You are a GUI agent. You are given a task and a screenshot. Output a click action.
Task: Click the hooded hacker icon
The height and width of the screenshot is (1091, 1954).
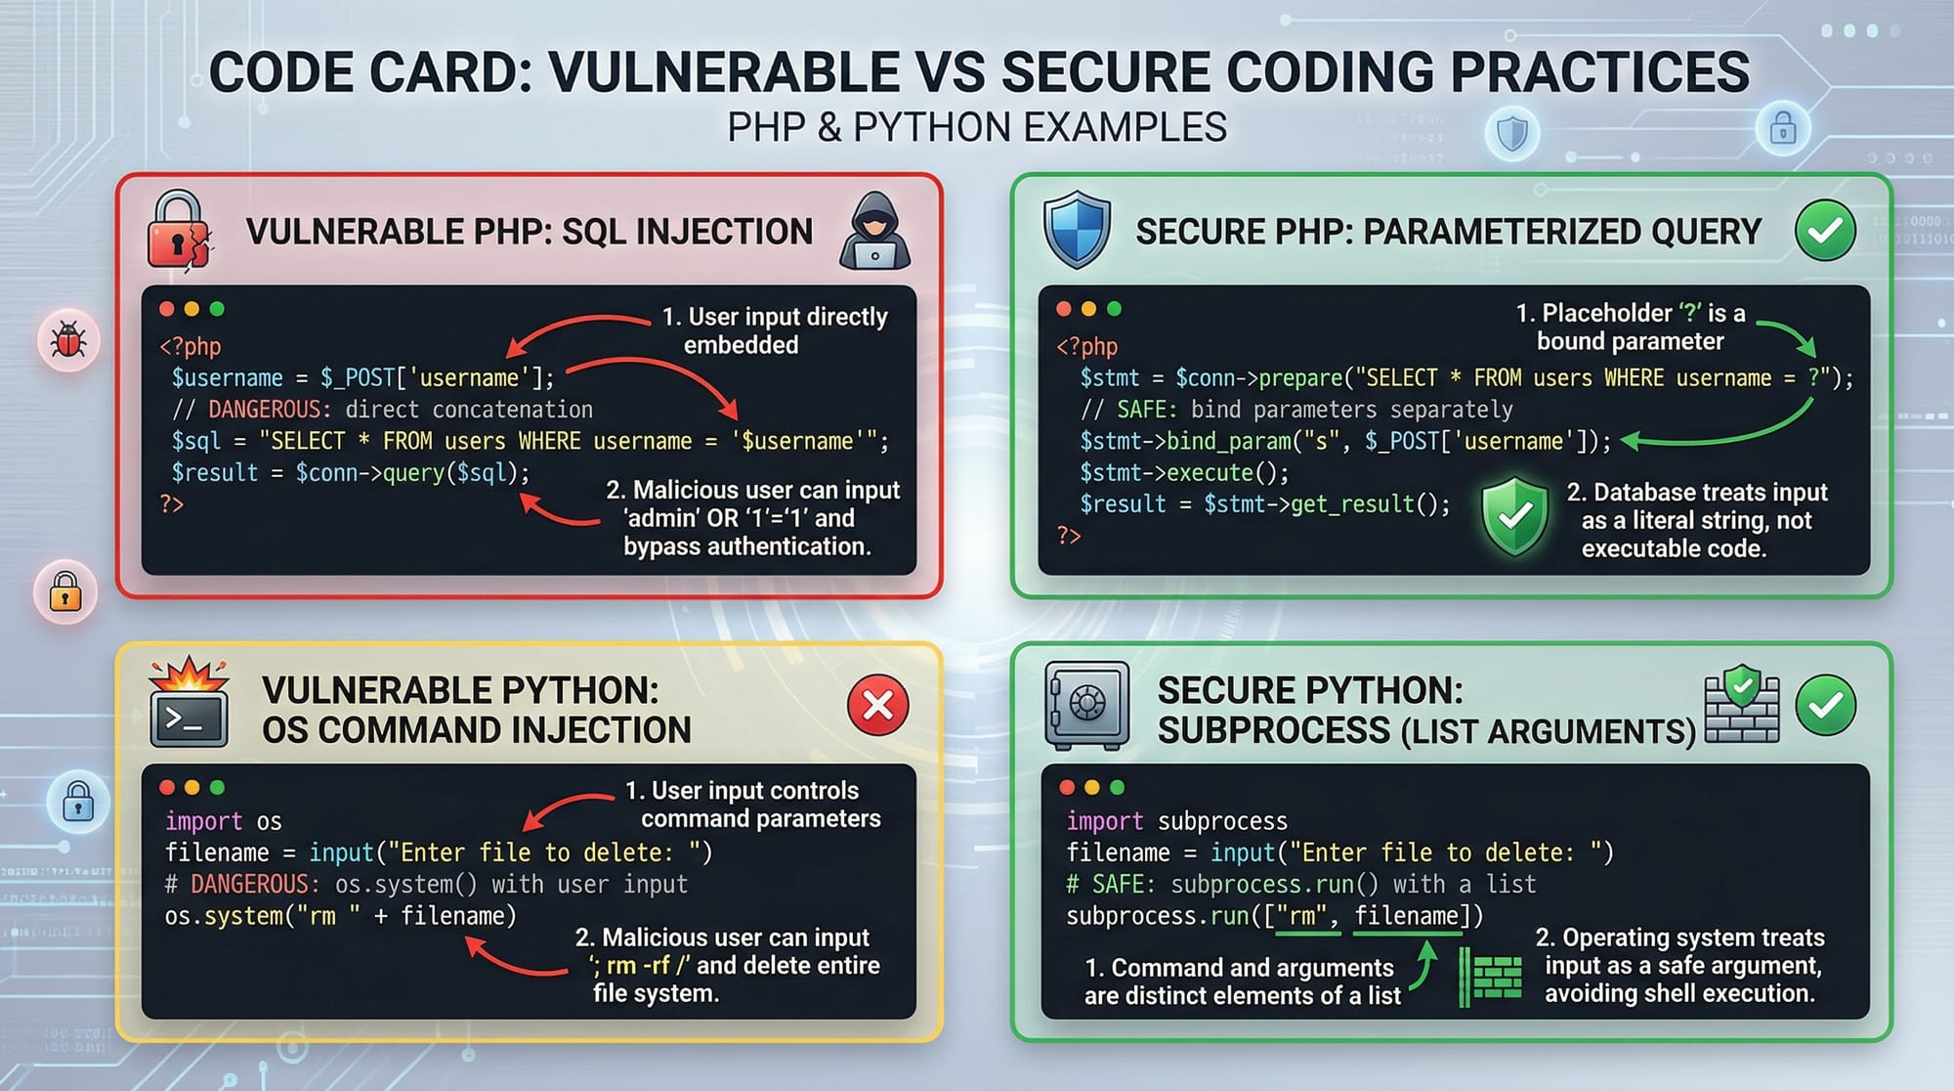point(874,231)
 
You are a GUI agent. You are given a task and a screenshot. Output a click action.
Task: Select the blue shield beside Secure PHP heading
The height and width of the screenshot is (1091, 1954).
point(1077,230)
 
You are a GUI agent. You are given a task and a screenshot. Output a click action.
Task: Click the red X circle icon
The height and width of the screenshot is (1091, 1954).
point(877,705)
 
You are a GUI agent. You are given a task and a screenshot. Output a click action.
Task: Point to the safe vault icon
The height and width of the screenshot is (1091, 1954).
point(1086,704)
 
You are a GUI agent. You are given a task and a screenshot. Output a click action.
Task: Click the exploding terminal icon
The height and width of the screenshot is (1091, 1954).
point(189,704)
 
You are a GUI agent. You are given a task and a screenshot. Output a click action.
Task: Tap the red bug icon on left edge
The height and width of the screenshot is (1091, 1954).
point(68,340)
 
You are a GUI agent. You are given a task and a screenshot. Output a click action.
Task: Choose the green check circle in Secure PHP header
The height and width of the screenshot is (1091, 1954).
point(1825,231)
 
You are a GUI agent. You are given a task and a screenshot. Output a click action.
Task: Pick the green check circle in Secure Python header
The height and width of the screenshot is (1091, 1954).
point(1825,705)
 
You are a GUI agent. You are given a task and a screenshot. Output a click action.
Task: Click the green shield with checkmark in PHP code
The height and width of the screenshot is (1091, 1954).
point(1514,516)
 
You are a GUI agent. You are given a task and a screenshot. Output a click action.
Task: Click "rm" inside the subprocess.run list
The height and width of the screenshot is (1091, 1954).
point(1308,916)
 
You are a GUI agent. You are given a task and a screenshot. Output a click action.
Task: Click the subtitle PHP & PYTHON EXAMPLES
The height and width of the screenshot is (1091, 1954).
point(977,128)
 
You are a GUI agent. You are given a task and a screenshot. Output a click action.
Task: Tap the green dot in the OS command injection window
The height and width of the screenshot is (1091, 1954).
point(217,788)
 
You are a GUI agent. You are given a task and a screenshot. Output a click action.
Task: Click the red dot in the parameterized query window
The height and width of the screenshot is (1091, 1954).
point(1064,309)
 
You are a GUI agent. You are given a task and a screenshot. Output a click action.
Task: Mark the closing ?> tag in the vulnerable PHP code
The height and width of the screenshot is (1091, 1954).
point(172,504)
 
